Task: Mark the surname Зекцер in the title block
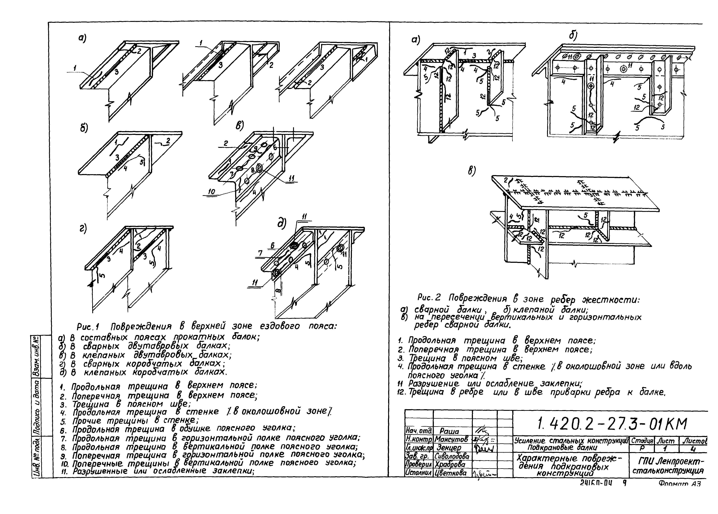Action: (449, 448)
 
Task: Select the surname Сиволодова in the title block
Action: (453, 456)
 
